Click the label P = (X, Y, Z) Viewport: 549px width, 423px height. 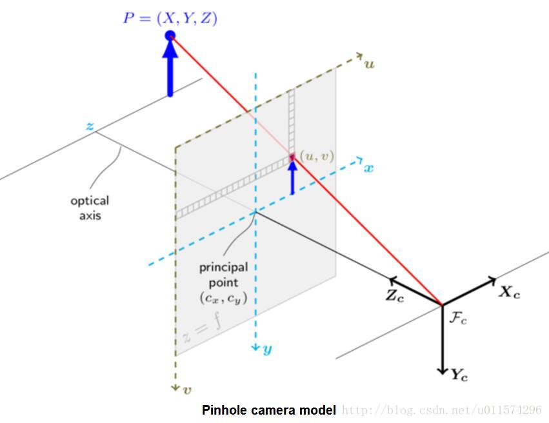coord(170,18)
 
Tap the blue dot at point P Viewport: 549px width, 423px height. coord(170,36)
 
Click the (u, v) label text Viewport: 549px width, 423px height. coord(317,155)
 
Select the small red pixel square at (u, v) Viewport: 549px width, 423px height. coord(292,157)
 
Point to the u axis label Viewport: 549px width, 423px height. coord(370,64)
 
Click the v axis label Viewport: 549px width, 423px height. coord(187,389)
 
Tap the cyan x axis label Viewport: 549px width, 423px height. coord(369,168)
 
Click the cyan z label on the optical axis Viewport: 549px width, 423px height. coord(90,126)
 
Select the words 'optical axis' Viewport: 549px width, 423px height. coord(90,208)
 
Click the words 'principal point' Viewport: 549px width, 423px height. coord(223,274)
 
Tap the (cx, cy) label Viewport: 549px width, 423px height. coord(223,298)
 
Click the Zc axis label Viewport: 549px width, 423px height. coord(395,297)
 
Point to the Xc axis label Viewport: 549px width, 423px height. coord(509,292)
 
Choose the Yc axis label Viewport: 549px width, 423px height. coord(459,375)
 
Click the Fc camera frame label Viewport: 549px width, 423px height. coord(458,317)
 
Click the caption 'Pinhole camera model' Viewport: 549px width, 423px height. coord(268,410)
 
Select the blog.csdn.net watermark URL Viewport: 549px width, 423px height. coord(442,410)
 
